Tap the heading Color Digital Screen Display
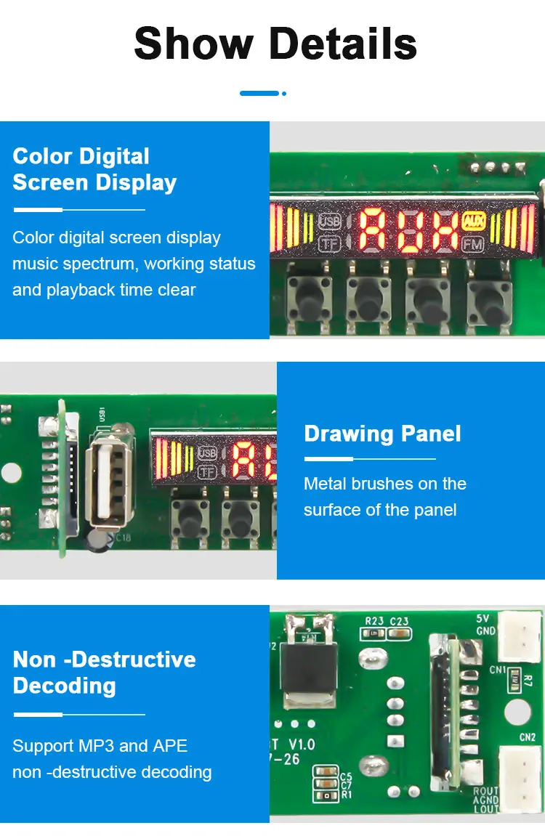94,169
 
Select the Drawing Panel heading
382,434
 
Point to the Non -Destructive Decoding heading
105,672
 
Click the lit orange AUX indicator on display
473,221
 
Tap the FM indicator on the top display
472,245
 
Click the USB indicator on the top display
330,220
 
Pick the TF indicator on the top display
330,244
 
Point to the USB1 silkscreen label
102,416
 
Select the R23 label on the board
374,621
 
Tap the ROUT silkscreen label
485,792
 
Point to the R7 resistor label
528,681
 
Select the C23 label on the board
399,621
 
